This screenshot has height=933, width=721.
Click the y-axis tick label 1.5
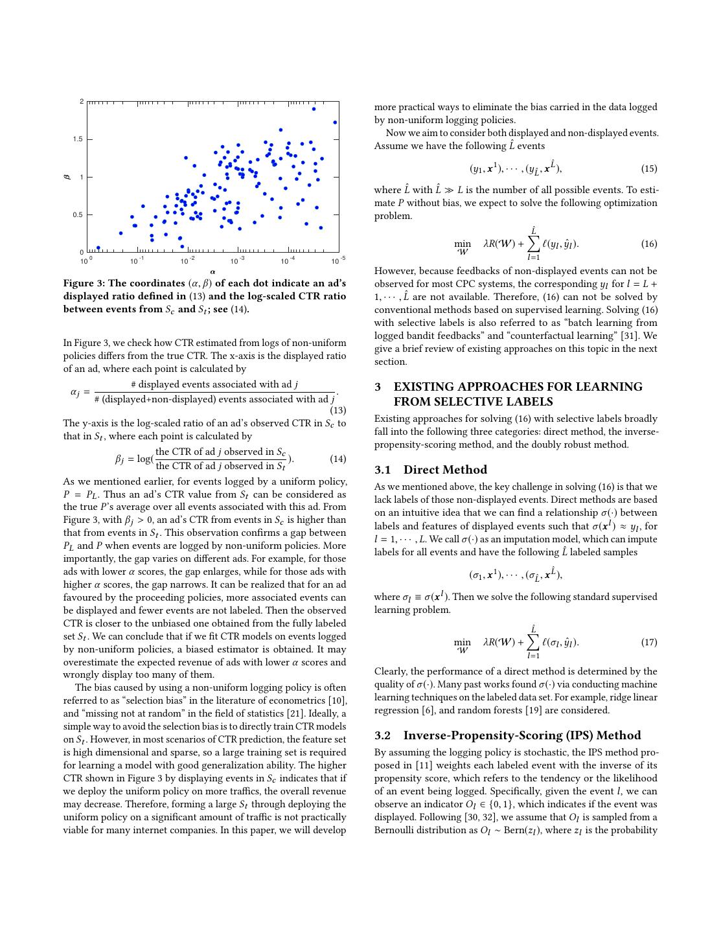(78, 139)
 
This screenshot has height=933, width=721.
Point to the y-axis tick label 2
(82, 102)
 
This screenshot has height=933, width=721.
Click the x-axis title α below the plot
(212, 271)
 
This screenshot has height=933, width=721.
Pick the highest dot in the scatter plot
(314, 109)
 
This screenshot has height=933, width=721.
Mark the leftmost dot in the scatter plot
(98, 248)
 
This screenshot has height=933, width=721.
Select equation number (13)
(338, 410)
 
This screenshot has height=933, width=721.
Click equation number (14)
(338, 459)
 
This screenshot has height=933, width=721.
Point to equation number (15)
(649, 168)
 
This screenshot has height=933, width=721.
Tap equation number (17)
(649, 642)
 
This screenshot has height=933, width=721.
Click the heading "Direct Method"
(445, 470)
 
